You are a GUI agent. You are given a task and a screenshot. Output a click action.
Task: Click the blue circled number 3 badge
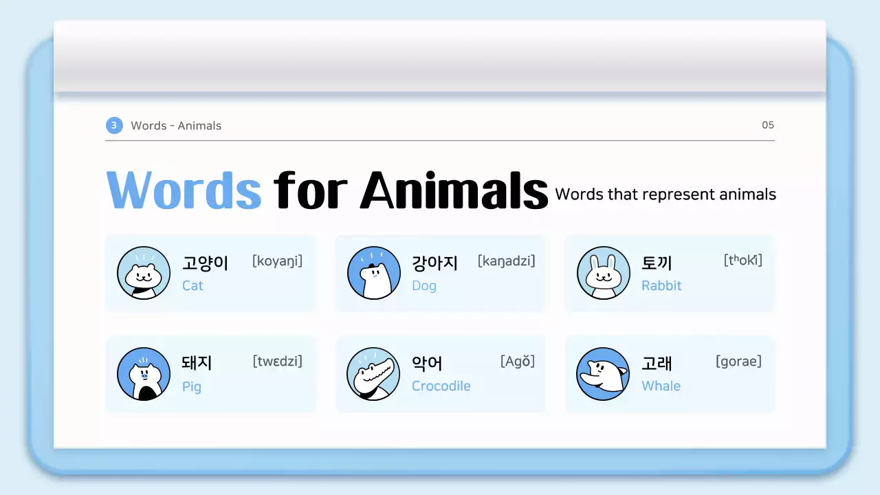click(114, 125)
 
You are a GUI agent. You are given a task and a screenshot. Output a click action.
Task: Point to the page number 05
click(768, 125)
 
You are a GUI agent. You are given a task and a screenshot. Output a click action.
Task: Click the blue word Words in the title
click(184, 189)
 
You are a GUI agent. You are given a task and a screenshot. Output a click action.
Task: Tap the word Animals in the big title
click(454, 189)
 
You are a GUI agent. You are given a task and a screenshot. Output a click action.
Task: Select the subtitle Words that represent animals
click(665, 195)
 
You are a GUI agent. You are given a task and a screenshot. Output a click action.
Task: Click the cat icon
click(143, 273)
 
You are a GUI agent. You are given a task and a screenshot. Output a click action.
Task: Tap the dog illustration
click(373, 273)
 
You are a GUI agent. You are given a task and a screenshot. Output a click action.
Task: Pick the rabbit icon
click(603, 273)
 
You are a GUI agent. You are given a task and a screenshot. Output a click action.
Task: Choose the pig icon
click(143, 374)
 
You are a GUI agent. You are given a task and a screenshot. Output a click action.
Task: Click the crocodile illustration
click(373, 374)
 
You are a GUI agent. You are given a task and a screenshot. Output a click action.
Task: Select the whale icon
click(603, 374)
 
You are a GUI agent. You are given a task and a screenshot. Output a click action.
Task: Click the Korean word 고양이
click(205, 263)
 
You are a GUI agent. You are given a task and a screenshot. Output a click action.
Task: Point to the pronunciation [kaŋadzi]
click(506, 261)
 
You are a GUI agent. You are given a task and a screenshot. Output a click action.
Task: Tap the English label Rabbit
click(661, 285)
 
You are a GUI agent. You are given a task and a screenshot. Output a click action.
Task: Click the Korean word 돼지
click(197, 364)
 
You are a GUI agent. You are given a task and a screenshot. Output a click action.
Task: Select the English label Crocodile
click(441, 386)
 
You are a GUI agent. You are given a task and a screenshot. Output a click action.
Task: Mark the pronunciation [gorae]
click(738, 362)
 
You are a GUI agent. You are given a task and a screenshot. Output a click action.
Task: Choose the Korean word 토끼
click(657, 263)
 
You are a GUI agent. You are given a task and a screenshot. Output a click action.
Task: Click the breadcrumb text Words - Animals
click(176, 126)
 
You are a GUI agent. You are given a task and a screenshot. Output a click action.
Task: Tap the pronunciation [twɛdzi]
click(277, 362)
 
